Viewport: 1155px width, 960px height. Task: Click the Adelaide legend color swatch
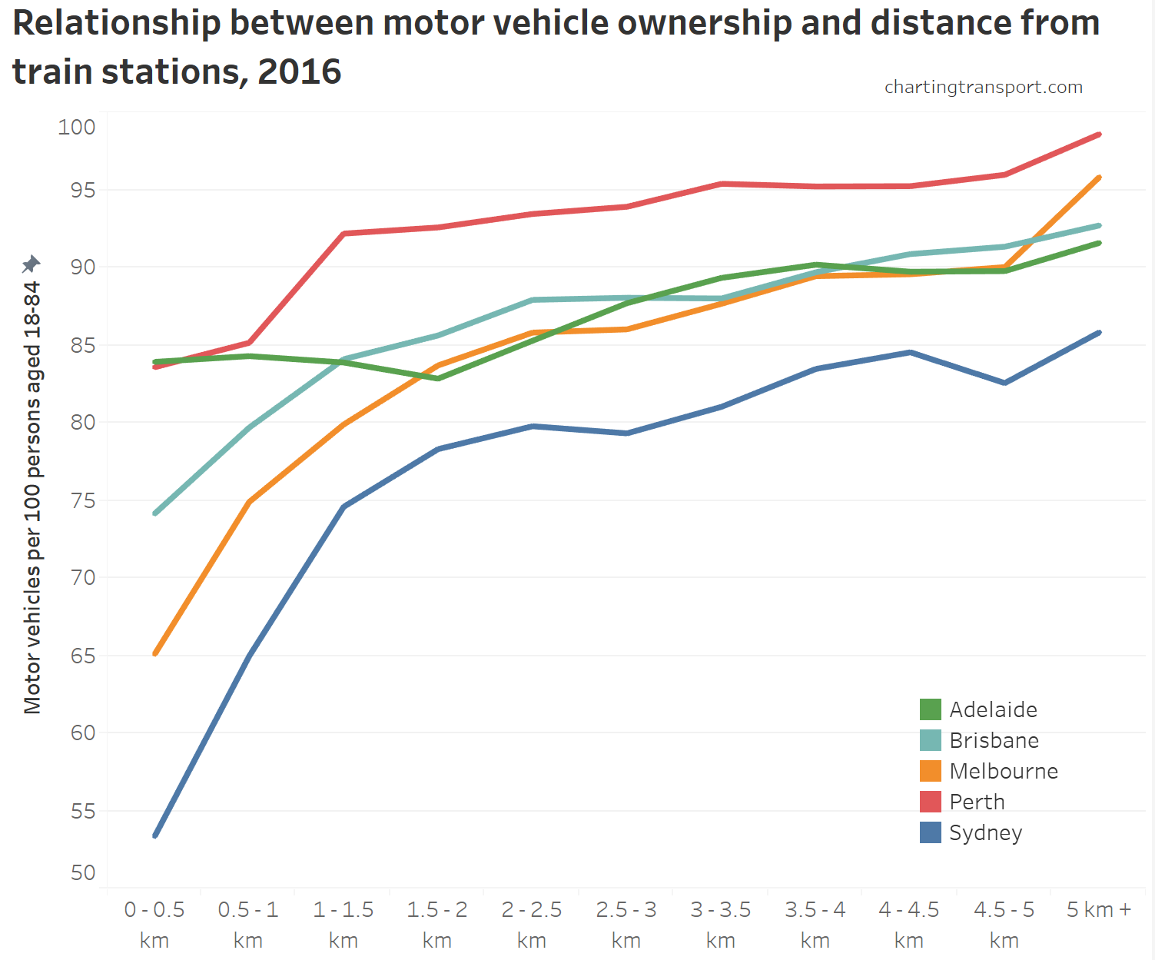pos(930,709)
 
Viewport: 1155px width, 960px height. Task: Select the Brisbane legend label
pos(994,740)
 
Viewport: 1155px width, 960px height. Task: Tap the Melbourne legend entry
pos(1003,771)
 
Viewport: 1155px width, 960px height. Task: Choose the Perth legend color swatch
pos(930,802)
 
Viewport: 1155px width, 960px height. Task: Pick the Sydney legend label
pos(985,833)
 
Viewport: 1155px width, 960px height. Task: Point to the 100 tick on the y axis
pos(77,127)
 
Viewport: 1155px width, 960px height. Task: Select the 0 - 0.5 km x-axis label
pos(154,925)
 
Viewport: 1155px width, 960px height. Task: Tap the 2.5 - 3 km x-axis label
pos(626,925)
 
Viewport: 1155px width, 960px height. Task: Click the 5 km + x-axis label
pos(1099,910)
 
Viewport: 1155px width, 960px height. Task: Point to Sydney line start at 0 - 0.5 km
pos(155,835)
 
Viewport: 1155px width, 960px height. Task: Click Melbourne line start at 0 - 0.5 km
pos(155,653)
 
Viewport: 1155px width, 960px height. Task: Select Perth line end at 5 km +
pos(1099,135)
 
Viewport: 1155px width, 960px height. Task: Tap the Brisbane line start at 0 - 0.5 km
pos(155,513)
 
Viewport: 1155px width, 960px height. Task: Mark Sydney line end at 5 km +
pos(1099,333)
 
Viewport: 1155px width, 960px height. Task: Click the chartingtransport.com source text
pos(983,87)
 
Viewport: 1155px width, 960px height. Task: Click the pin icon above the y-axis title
pos(31,264)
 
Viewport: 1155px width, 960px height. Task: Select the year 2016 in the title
pos(299,71)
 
